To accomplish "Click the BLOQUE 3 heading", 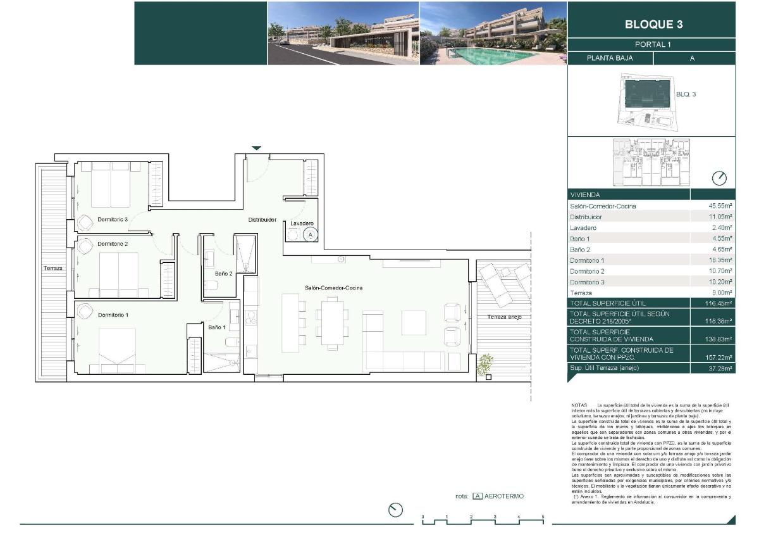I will [x=653, y=25].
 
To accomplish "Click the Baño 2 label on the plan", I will [x=223, y=274].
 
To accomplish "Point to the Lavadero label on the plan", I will [x=301, y=224].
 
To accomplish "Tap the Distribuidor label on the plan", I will [x=262, y=220].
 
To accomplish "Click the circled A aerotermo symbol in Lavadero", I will [x=310, y=234].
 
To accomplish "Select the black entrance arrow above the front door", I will [x=256, y=148].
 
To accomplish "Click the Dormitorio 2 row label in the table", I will [x=588, y=271].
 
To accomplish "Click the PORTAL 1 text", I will [x=652, y=44].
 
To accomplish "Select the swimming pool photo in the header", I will [x=493, y=33].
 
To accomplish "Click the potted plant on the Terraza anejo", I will [x=485, y=365].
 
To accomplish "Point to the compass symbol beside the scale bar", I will [x=396, y=510].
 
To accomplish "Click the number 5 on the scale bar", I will [x=543, y=517].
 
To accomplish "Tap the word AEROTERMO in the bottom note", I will [x=504, y=496].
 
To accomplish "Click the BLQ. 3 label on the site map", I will [x=686, y=94].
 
